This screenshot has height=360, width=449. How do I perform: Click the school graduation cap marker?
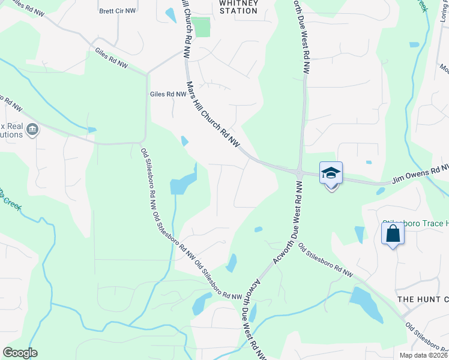[x=331, y=173]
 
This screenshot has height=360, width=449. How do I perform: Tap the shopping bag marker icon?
[x=393, y=233]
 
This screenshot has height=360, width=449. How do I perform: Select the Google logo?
[x=20, y=353]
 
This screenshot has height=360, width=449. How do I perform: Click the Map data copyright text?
[x=423, y=355]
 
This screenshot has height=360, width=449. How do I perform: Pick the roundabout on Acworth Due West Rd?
[x=298, y=173]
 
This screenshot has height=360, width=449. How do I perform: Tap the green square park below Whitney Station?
[x=200, y=27]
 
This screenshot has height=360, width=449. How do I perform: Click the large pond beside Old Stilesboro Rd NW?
[x=183, y=182]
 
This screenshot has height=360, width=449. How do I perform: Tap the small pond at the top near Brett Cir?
[x=170, y=15]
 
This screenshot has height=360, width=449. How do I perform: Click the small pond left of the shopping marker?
[x=359, y=233]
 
